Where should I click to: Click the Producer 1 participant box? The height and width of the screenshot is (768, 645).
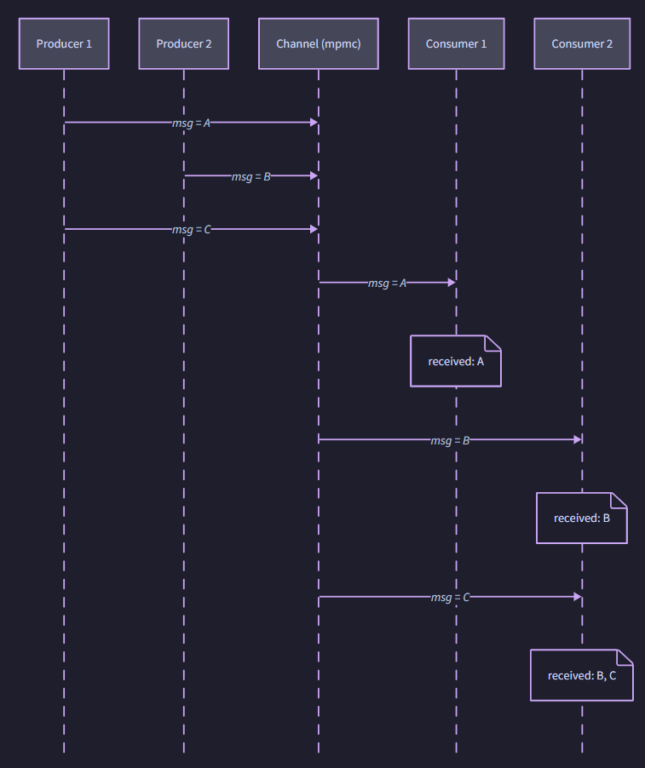click(x=64, y=43)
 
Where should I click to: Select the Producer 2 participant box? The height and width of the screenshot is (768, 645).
click(x=183, y=43)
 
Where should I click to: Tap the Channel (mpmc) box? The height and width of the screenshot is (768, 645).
click(x=319, y=43)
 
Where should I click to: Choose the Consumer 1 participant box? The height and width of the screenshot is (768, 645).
click(x=456, y=43)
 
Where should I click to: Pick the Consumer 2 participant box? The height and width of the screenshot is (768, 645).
click(x=582, y=43)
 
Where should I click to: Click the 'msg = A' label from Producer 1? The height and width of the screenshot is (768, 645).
click(x=191, y=123)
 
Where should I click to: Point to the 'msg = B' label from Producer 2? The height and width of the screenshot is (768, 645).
click(x=251, y=176)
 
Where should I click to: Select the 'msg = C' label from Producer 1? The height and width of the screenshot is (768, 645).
click(x=191, y=230)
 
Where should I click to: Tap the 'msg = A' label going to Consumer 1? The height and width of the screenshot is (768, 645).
click(x=387, y=283)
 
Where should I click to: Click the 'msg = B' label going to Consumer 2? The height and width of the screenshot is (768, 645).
click(x=450, y=440)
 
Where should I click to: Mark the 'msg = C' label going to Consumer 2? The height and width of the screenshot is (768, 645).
click(x=450, y=598)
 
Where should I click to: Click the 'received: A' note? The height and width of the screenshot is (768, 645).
click(x=456, y=361)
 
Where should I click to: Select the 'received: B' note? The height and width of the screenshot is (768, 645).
click(x=582, y=518)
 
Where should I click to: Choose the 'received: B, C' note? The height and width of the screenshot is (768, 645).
click(x=582, y=675)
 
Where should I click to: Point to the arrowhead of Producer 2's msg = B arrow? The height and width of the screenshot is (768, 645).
click(x=314, y=175)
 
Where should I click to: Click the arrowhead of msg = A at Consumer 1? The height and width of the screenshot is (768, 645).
click(x=451, y=282)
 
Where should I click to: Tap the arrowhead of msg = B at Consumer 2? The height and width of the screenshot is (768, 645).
click(x=577, y=439)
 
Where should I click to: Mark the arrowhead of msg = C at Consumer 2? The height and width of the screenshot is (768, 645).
click(x=577, y=597)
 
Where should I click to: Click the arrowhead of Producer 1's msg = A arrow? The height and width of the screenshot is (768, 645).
click(x=314, y=123)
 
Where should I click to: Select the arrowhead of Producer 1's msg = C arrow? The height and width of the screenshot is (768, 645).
click(x=314, y=229)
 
